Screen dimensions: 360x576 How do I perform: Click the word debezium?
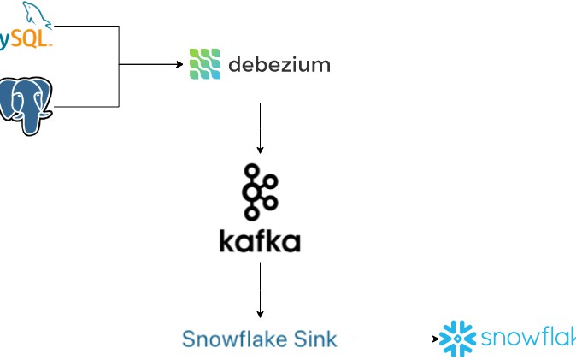click(279, 64)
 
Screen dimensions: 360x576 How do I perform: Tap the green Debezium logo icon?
click(204, 64)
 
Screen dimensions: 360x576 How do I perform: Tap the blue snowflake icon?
click(457, 339)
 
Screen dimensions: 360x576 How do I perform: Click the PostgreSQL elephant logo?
click(26, 105)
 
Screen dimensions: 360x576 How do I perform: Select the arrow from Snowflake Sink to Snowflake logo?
click(393, 339)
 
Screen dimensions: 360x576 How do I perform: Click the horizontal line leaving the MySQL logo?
click(85, 27)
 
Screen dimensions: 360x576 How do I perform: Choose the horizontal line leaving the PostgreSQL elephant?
click(85, 106)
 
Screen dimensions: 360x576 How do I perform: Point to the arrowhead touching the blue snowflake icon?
click(434, 339)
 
